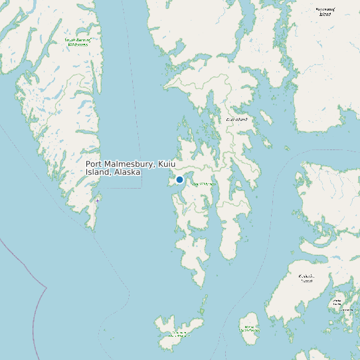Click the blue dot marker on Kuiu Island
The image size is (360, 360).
pos(179,179)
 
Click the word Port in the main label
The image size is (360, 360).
pos(94,164)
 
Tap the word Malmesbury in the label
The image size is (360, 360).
pos(130,164)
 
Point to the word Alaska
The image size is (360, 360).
pos(127,172)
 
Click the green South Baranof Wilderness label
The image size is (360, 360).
pos(78,41)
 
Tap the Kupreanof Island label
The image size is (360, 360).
pos(325,11)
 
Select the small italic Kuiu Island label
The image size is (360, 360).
pos(237,119)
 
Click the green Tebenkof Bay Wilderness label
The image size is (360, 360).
pos(205,184)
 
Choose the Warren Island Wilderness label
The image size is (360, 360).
pos(250,328)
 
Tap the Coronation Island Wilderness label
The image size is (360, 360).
pos(179,333)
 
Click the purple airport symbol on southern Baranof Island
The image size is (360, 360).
pos(98,200)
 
